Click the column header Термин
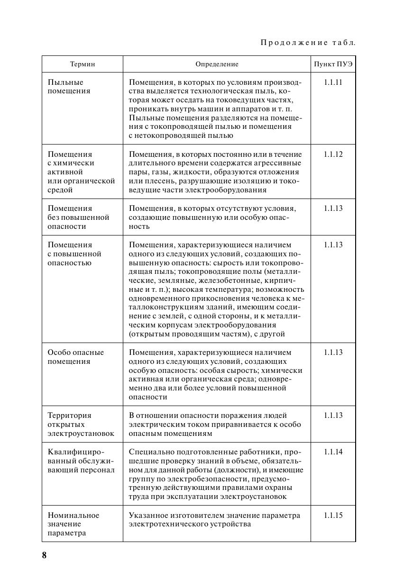pos(83,64)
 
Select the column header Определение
pos(217,64)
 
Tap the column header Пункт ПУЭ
pos(333,64)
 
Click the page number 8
pos(44,555)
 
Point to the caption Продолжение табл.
pos(308,43)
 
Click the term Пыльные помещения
pos(69,87)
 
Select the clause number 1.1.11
pos(333,82)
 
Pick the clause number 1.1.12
pos(333,154)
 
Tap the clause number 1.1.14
pos(333,452)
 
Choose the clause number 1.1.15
pos(333,516)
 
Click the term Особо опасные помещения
pos(76,357)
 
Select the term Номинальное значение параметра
pos(73,524)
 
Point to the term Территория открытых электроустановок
pos(81,425)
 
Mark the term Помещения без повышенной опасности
pos(78,217)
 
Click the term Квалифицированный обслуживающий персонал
pos(81,461)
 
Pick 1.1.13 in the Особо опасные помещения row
pos(333,353)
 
